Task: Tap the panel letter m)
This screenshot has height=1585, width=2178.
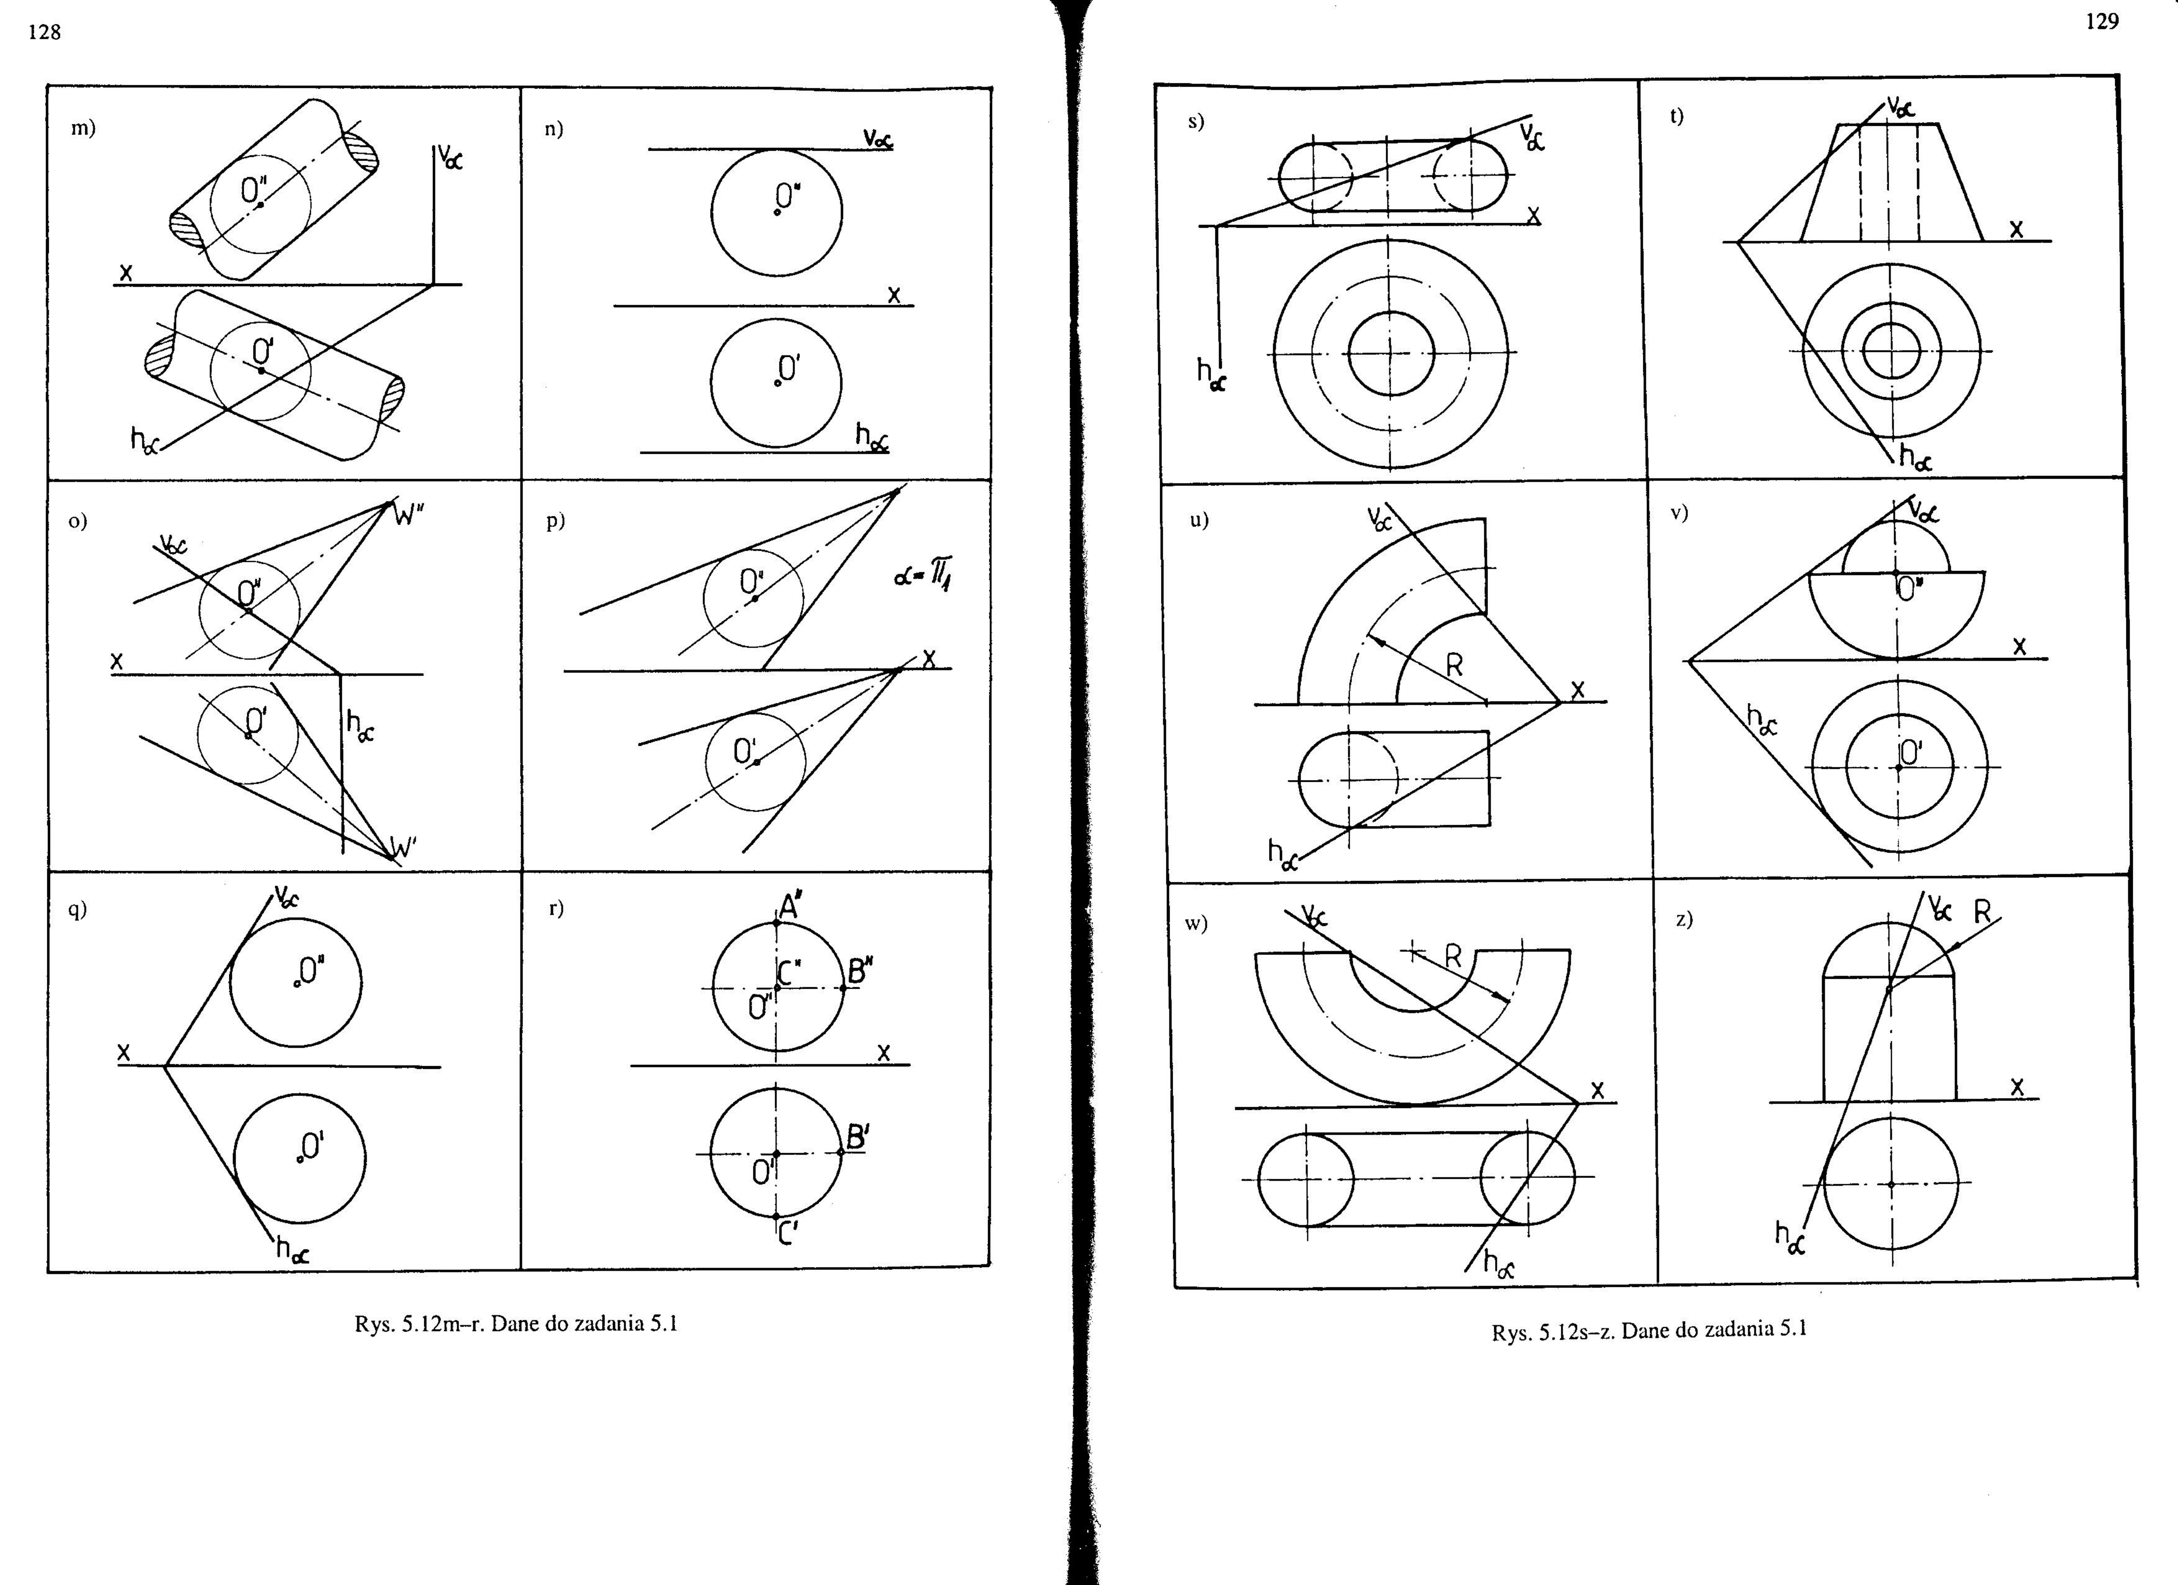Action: [84, 128]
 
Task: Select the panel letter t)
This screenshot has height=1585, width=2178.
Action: [1677, 116]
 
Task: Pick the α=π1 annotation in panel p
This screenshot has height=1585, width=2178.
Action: [923, 576]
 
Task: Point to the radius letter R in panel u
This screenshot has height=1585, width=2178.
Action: [1455, 665]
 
